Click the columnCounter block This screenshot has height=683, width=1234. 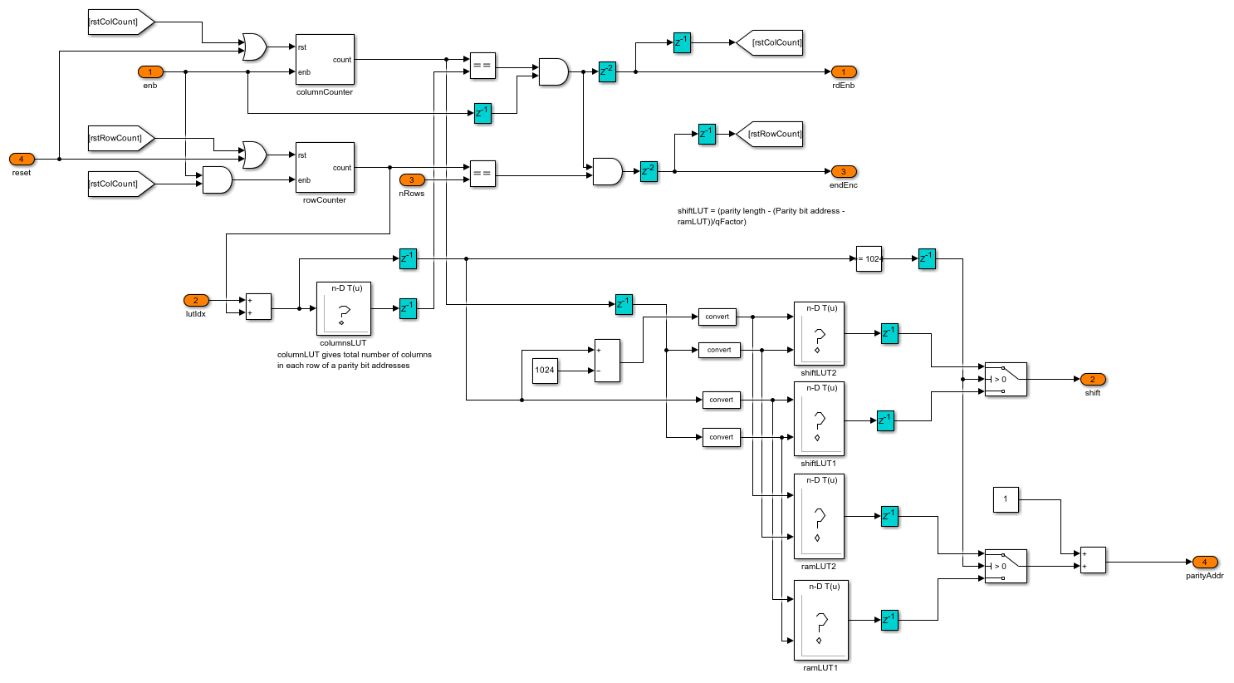click(325, 59)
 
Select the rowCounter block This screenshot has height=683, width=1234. click(325, 167)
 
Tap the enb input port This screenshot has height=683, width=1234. click(150, 72)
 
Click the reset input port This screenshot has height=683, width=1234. click(22, 159)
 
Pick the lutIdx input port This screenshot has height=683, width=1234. click(196, 300)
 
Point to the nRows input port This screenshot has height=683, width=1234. click(411, 179)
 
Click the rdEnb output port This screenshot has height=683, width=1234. click(843, 72)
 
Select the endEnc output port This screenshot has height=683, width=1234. click(843, 172)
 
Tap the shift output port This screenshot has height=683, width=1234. click(1092, 379)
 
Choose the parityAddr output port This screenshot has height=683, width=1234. click(1204, 563)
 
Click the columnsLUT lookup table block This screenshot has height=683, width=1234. click(343, 309)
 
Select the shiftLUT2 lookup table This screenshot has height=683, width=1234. click(819, 333)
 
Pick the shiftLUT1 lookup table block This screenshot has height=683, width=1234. click(819, 419)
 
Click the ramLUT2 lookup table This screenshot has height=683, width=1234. click(819, 516)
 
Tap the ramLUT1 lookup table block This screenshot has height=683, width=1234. click(820, 619)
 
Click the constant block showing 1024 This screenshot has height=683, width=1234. click(545, 370)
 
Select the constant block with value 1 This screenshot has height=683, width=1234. click(1006, 499)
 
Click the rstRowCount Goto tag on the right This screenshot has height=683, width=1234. click(770, 134)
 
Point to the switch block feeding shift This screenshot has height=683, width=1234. click(1006, 379)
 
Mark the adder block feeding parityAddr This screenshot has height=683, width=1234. click(1093, 560)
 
